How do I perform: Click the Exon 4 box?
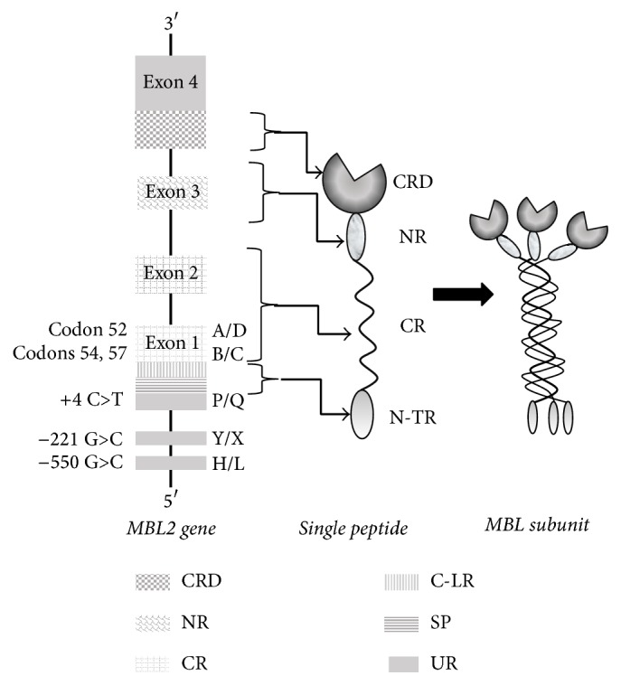point(170,82)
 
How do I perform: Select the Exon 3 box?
point(170,192)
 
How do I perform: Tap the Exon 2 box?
point(170,270)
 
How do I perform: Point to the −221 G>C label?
point(88,439)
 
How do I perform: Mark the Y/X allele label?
point(231,439)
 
